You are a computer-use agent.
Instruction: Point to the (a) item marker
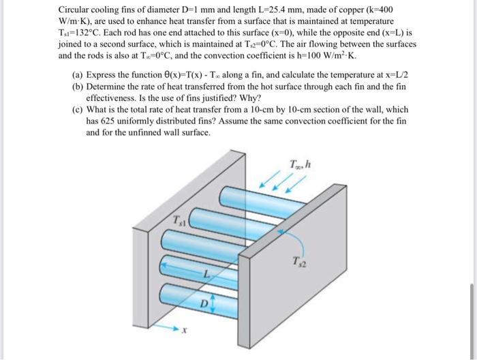77,75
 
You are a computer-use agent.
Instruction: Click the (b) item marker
77,87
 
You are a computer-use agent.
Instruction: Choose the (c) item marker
77,109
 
